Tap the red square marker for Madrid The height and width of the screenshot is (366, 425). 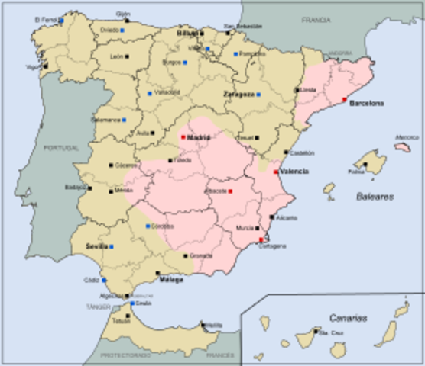point(183,137)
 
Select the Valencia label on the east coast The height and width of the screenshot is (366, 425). point(295,172)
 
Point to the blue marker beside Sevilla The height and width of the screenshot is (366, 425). point(112,247)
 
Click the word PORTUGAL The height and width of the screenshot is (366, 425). point(61,147)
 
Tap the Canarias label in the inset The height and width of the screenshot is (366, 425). point(349,316)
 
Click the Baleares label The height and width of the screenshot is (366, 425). point(374,196)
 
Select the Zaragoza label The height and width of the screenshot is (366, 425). point(238,94)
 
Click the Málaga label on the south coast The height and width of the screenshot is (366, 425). point(172,280)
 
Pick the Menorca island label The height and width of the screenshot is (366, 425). point(407,138)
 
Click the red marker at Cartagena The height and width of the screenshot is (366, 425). point(261,239)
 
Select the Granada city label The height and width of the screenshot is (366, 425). point(200,255)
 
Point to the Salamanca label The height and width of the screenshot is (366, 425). point(105,120)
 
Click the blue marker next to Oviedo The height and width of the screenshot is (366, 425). point(124,32)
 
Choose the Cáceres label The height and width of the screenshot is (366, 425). point(125,165)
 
